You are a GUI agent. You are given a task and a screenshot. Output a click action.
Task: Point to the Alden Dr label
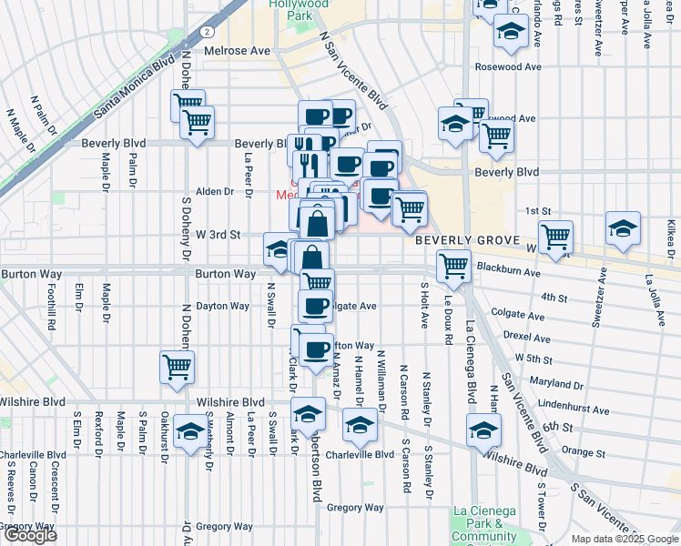(x=216, y=192)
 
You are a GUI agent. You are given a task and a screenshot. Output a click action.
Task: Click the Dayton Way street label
(x=222, y=307)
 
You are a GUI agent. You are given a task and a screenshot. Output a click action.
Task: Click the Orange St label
(x=584, y=452)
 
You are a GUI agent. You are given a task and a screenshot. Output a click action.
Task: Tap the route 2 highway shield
(x=209, y=32)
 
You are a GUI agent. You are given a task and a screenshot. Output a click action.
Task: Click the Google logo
(x=30, y=535)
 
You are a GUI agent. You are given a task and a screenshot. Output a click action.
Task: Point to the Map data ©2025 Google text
(x=624, y=539)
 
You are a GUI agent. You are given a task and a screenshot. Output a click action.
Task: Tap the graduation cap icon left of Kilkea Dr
(x=623, y=229)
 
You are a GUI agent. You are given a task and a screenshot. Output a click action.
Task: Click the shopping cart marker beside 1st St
(x=554, y=238)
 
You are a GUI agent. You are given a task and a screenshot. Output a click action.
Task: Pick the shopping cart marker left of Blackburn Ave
(x=452, y=267)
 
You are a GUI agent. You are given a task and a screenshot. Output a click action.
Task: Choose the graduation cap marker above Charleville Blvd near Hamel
(x=360, y=425)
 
